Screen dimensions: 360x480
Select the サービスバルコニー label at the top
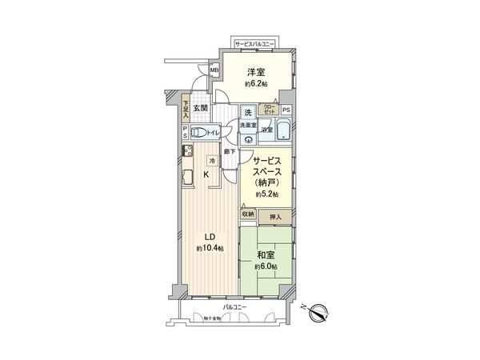[256, 42]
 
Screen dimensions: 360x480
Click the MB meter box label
[214, 70]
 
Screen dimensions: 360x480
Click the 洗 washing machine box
[249, 111]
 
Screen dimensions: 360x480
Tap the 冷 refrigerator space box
[211, 159]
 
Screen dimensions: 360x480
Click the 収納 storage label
[248, 214]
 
